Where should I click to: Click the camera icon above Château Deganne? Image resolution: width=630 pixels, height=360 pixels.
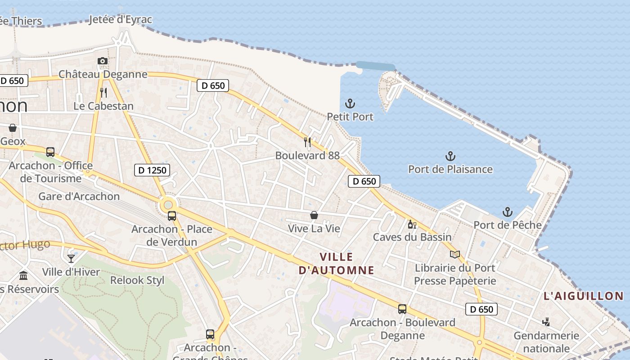(103, 61)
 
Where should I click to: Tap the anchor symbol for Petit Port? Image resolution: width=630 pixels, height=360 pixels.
(350, 103)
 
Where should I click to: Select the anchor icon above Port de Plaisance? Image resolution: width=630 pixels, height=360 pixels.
(450, 156)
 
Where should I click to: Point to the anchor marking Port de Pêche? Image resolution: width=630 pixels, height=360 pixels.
(508, 211)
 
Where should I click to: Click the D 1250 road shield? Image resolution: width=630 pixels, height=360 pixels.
(152, 170)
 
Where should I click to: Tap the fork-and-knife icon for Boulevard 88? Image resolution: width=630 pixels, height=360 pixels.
(307, 142)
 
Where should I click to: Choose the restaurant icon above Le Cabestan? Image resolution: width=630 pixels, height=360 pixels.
(103, 93)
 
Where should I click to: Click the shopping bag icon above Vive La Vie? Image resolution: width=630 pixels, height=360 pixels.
(314, 216)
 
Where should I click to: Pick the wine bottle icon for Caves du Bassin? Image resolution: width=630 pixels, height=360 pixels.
(411, 224)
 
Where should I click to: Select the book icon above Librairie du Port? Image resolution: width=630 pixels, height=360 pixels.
(455, 255)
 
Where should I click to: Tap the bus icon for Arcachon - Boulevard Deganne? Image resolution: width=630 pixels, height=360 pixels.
(402, 309)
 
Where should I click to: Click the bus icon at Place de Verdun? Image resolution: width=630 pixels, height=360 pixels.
(172, 216)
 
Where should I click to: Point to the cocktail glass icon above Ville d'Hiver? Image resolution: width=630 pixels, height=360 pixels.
(71, 258)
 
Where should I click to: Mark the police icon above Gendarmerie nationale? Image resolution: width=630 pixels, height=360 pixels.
(546, 322)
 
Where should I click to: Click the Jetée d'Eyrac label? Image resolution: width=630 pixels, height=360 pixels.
(121, 20)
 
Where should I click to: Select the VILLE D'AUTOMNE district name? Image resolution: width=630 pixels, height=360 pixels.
(337, 263)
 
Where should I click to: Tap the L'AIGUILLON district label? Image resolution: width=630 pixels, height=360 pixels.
(584, 296)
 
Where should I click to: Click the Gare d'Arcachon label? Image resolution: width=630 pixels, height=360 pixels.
(79, 196)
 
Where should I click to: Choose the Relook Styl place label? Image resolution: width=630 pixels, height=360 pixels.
(137, 280)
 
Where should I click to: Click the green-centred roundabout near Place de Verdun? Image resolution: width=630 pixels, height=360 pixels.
(168, 205)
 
